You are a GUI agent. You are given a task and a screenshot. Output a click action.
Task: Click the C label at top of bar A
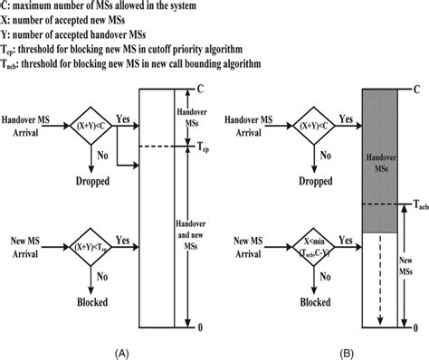(198, 90)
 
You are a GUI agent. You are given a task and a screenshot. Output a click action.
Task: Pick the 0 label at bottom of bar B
(413, 326)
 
